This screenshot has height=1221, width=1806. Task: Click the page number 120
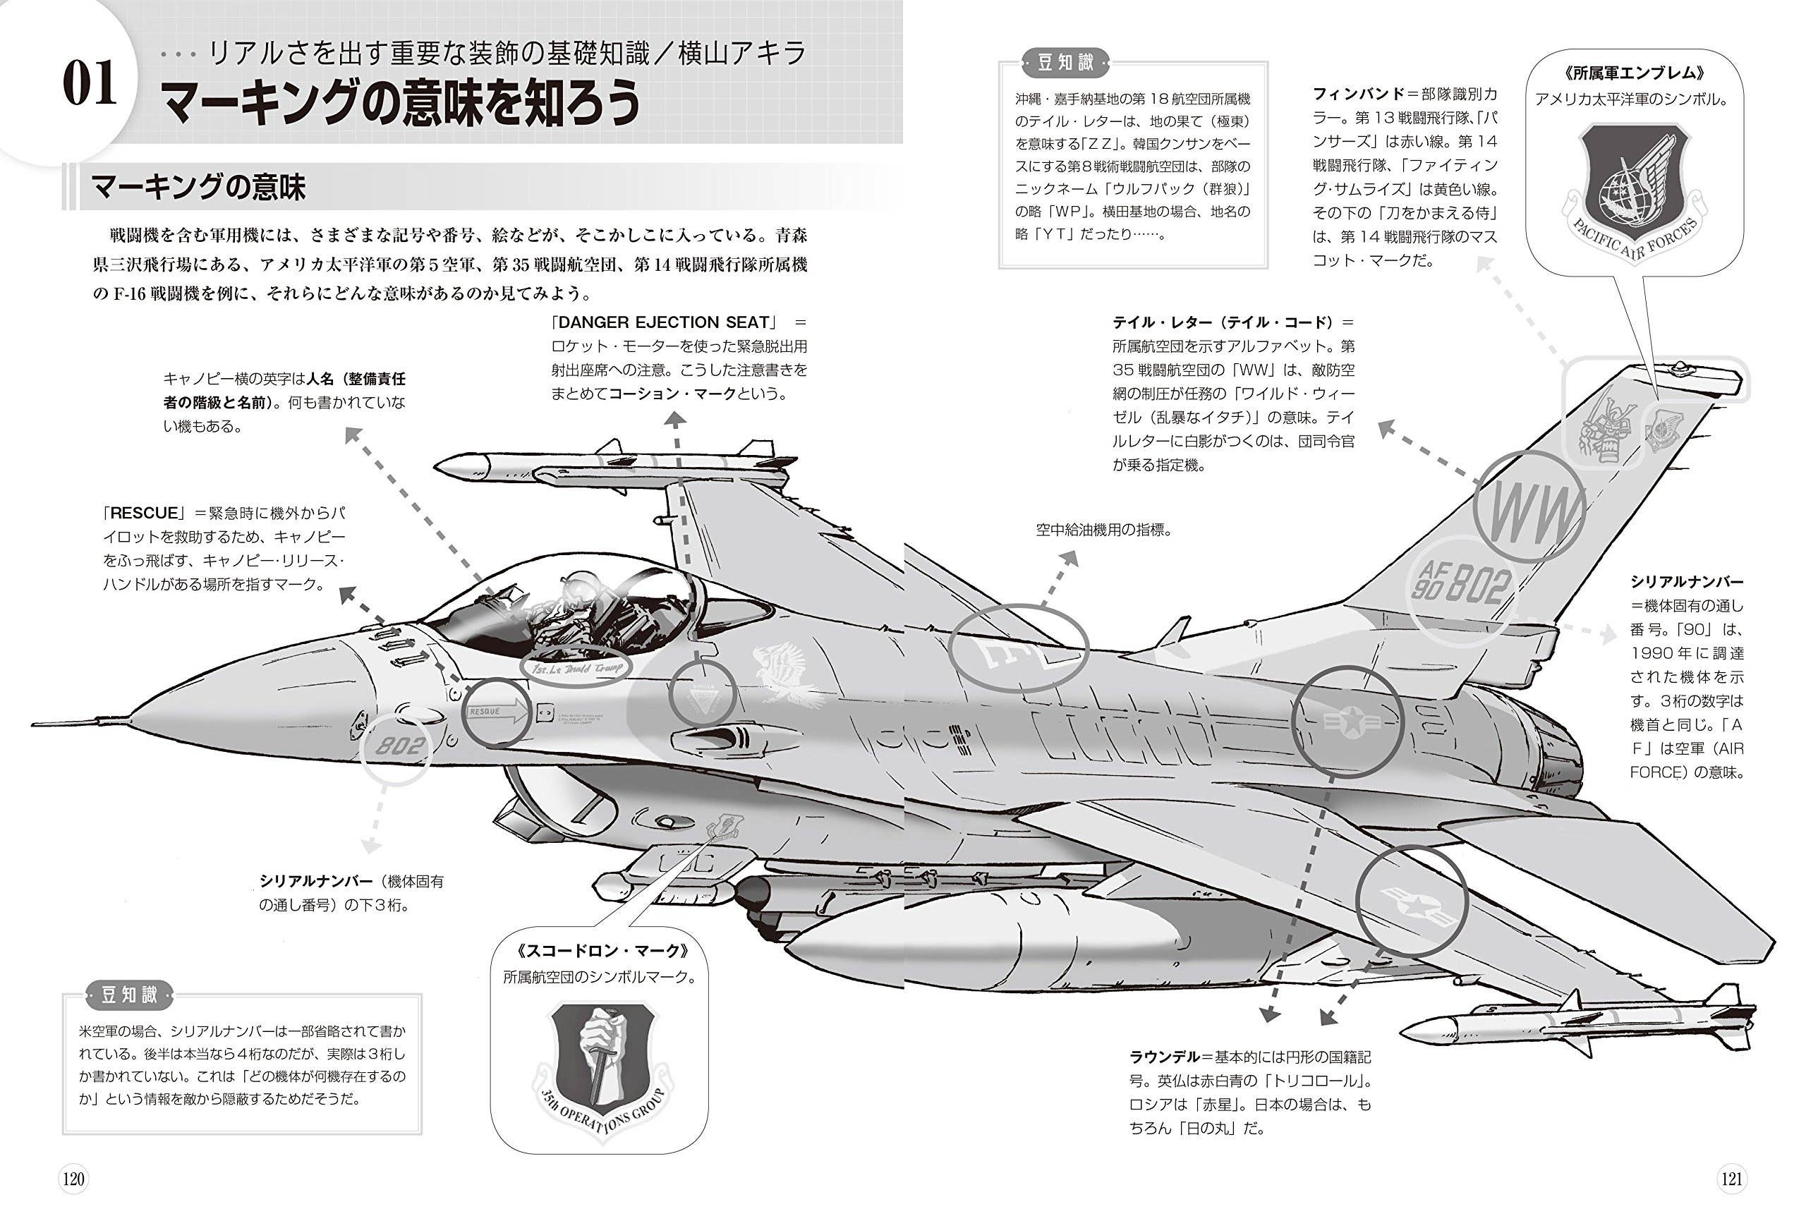pyautogui.click(x=73, y=1179)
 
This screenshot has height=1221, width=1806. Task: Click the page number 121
pyautogui.click(x=1731, y=1179)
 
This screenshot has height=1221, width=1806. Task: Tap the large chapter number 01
pyautogui.click(x=90, y=84)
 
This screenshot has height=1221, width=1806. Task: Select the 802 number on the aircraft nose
pyautogui.click(x=401, y=747)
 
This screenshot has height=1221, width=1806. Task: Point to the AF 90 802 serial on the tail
pyautogui.click(x=1462, y=586)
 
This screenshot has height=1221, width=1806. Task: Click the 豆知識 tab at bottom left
pyautogui.click(x=129, y=995)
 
